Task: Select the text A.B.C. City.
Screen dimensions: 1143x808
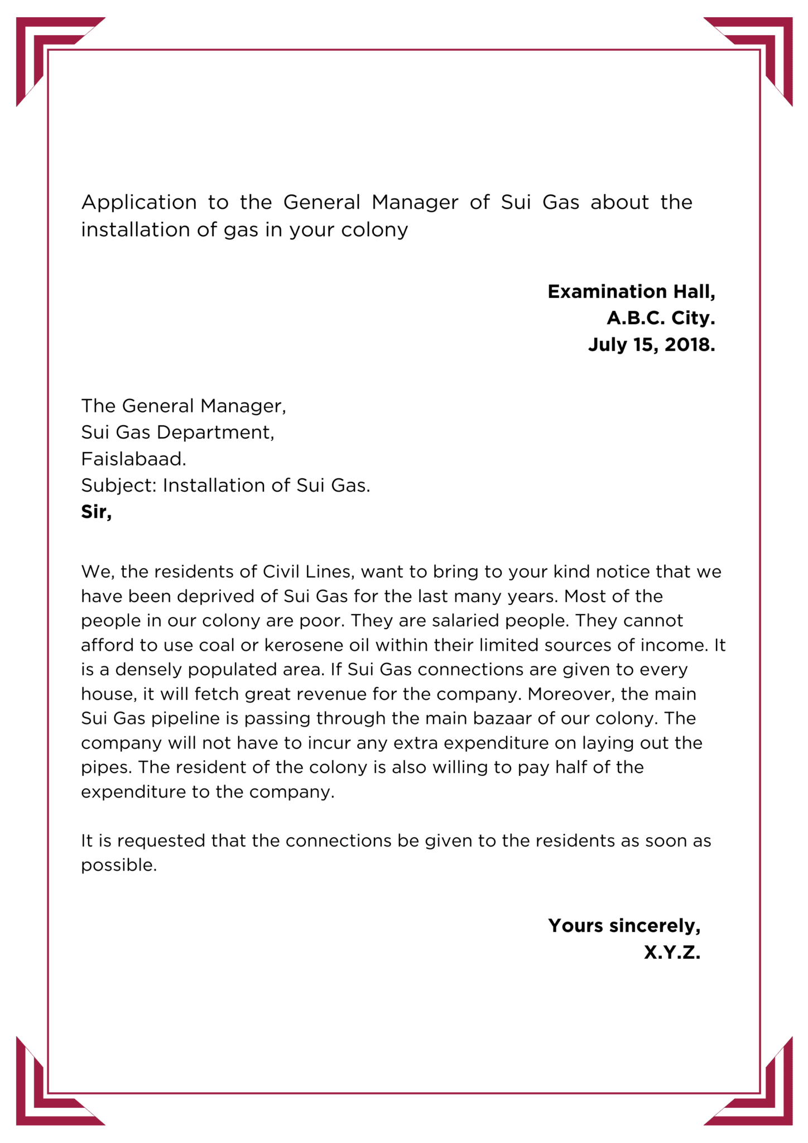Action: point(661,318)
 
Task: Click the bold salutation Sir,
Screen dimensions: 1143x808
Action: point(97,511)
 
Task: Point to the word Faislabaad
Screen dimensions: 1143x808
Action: point(133,459)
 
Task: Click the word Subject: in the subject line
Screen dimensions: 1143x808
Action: point(119,486)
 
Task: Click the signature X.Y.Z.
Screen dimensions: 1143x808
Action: point(672,952)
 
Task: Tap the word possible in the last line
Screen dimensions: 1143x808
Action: point(118,865)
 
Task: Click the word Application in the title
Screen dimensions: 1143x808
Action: point(139,202)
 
